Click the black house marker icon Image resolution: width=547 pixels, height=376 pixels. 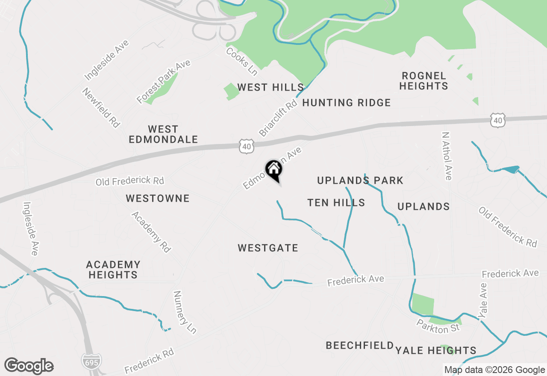(x=274, y=170)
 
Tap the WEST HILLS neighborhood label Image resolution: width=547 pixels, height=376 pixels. (x=270, y=88)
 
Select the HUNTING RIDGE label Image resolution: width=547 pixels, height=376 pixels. (x=347, y=103)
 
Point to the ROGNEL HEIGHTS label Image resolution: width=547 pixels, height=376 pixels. (x=424, y=81)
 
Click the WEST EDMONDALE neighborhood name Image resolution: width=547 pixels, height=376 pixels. (x=163, y=134)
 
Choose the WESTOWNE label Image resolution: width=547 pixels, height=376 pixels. (x=158, y=198)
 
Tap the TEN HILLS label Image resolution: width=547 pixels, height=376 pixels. (x=336, y=203)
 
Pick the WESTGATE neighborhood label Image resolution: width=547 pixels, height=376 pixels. (x=268, y=248)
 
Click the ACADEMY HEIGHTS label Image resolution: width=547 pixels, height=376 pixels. (x=113, y=270)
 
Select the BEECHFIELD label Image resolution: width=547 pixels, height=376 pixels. (x=360, y=345)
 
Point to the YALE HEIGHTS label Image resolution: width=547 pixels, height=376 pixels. (x=436, y=351)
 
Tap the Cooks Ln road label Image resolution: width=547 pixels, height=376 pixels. (x=242, y=62)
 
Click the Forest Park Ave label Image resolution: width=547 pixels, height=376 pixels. (x=163, y=82)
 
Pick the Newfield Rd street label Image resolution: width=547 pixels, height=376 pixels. (x=101, y=108)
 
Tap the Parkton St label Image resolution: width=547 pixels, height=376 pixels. (x=438, y=328)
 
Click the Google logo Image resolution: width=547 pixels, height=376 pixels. (x=29, y=366)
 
